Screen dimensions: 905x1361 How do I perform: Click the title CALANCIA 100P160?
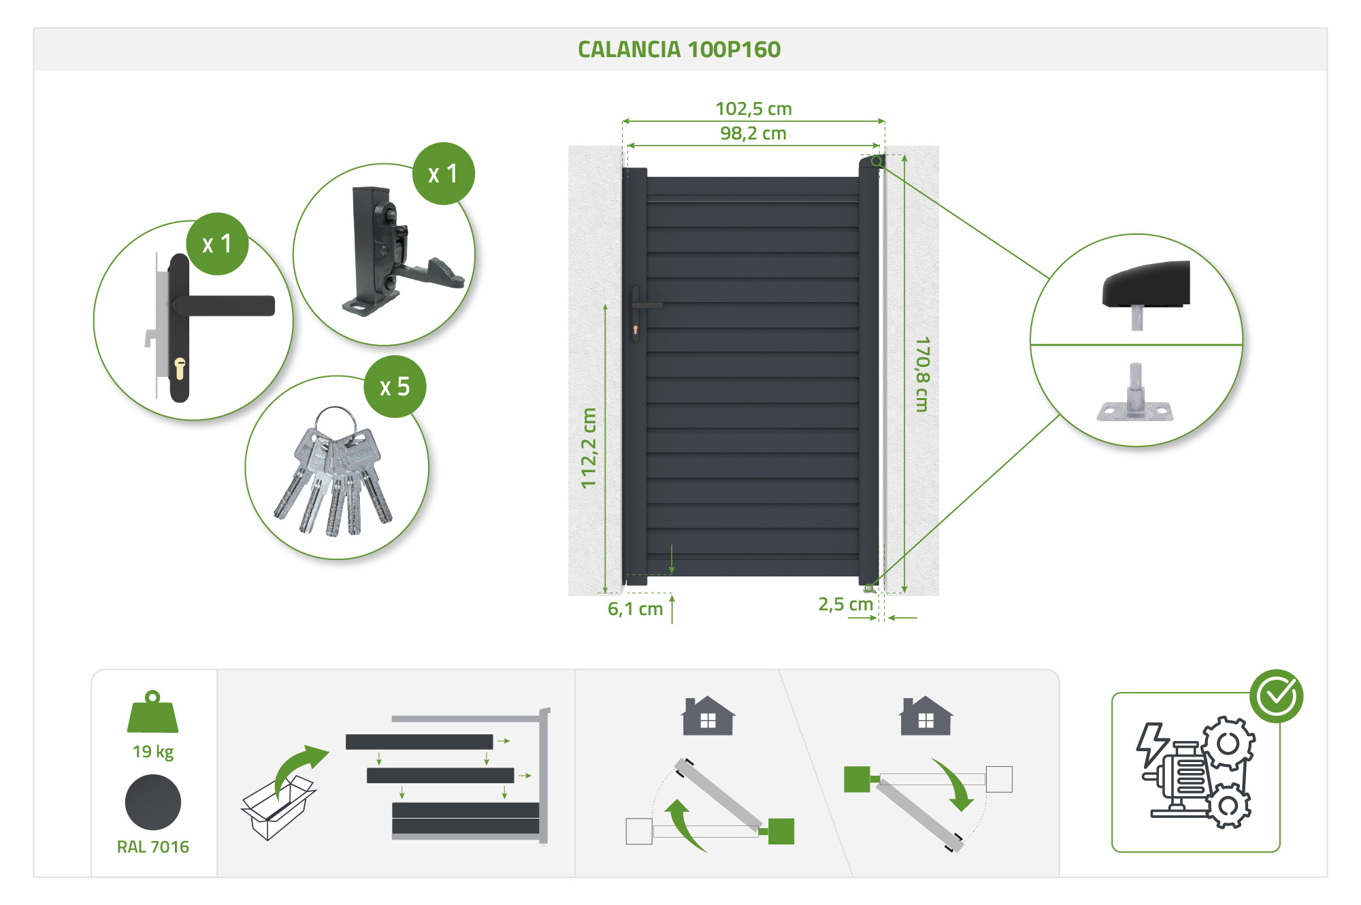pos(679,50)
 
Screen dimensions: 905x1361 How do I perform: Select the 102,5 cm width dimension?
pos(753,109)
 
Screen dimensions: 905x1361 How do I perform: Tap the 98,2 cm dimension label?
pos(753,133)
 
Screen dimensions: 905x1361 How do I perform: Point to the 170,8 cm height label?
pos(922,374)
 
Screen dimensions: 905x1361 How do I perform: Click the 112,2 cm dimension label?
pos(589,448)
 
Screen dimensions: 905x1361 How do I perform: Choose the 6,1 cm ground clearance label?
pos(635,609)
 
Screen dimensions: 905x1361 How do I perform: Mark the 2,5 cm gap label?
pos(845,604)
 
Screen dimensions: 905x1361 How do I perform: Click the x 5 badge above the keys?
pos(395,386)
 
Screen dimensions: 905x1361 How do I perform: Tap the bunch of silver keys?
pos(333,476)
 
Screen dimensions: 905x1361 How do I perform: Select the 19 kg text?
pos(152,751)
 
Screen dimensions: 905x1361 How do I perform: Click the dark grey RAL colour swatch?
pos(152,803)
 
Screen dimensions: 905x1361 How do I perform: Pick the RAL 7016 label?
pos(152,846)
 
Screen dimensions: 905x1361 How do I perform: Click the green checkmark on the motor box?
pos(1276,695)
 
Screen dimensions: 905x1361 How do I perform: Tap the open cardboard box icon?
pos(277,810)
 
